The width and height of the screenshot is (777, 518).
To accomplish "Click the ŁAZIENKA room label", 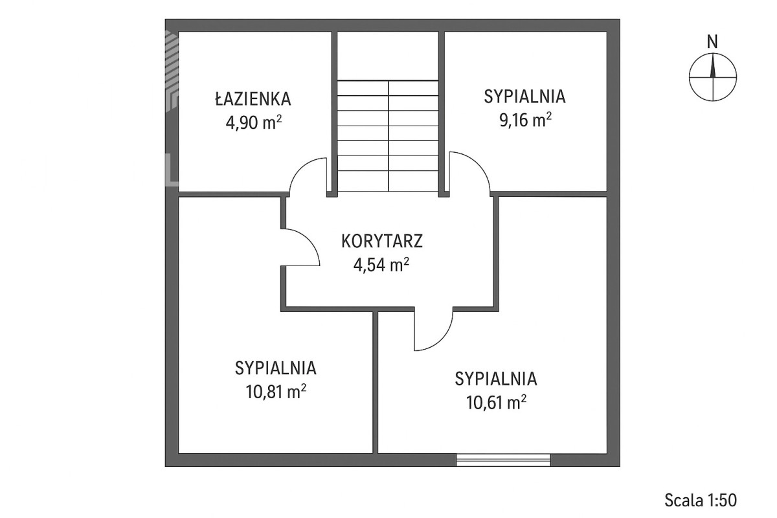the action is [x=253, y=98].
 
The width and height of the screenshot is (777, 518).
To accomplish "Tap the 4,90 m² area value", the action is [x=254, y=122].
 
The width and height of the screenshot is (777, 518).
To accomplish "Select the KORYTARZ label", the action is [x=382, y=241].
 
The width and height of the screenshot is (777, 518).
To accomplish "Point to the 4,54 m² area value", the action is [x=381, y=265].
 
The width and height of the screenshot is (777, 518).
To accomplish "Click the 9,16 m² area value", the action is [x=526, y=120].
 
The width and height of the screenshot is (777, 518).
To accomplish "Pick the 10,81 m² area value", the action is [x=276, y=392].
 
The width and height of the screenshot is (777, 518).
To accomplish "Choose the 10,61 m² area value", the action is [x=496, y=403].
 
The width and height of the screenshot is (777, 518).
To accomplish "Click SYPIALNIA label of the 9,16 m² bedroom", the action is [x=525, y=96].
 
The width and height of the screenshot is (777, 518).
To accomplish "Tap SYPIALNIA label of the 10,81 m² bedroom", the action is [x=276, y=368].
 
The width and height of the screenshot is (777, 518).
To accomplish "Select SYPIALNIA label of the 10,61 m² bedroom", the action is [x=496, y=379].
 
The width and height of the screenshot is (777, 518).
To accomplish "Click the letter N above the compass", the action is [x=712, y=42].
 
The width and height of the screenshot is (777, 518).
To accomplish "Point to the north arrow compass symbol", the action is [x=713, y=77].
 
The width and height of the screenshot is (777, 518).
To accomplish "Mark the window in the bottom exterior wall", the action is [x=503, y=460].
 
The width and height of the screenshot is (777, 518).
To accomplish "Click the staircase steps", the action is [x=388, y=136].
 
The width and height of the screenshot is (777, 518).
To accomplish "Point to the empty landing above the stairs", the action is [x=388, y=56].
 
